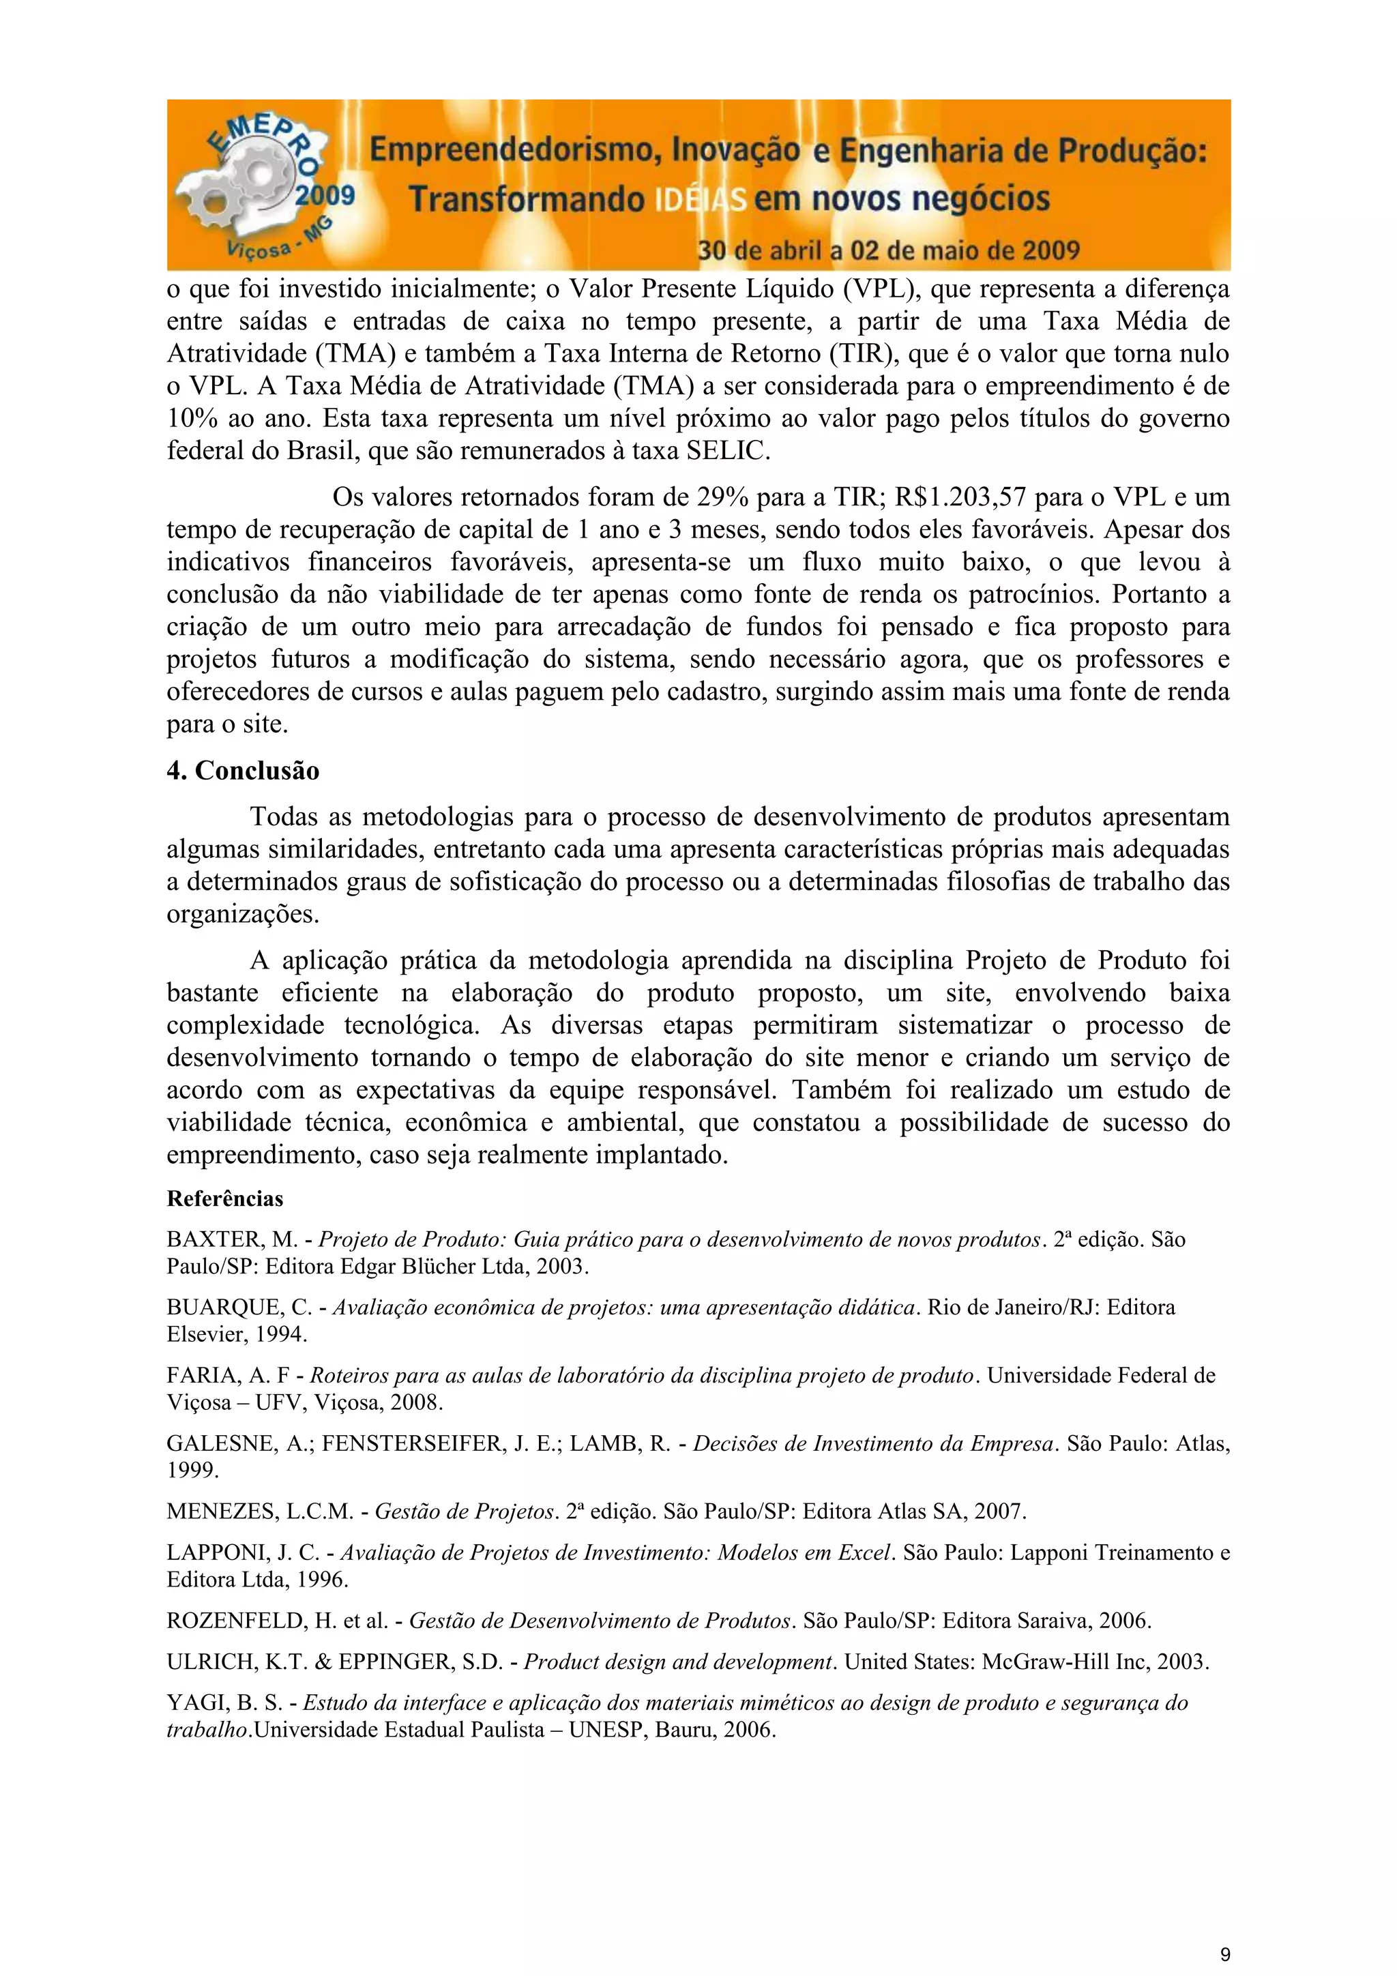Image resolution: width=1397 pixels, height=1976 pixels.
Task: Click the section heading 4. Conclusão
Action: tap(243, 770)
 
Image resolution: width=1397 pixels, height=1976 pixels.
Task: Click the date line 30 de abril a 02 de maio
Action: tap(887, 250)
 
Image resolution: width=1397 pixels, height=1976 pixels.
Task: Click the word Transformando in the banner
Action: tap(525, 200)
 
